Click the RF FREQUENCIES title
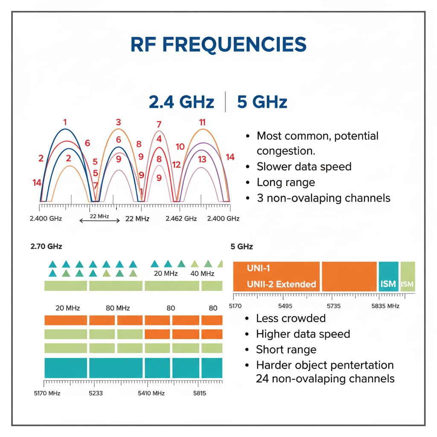click(218, 45)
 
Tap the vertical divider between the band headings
click(225, 102)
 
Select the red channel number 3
click(118, 122)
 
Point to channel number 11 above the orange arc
click(202, 122)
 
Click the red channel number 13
click(202, 159)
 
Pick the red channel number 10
click(180, 147)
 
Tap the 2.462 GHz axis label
click(181, 218)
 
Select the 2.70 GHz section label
click(46, 246)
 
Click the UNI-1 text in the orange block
click(259, 268)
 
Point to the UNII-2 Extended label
click(281, 284)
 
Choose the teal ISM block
click(388, 277)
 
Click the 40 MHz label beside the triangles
click(201, 274)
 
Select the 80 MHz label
click(117, 308)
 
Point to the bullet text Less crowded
click(291, 318)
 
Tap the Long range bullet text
click(286, 182)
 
